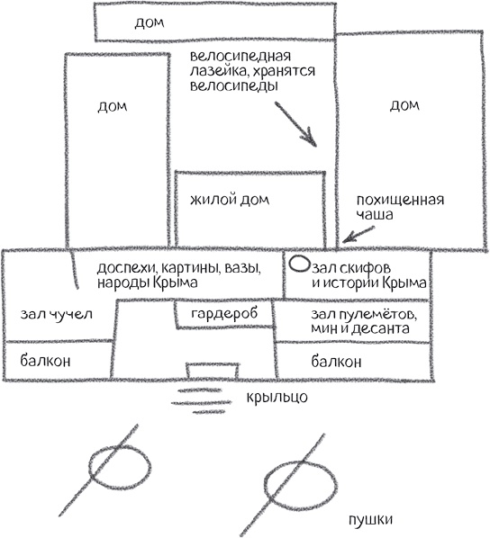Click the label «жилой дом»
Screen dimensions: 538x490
click(x=231, y=198)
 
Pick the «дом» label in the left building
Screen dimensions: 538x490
click(x=113, y=106)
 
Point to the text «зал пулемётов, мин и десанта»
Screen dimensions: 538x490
click(x=361, y=322)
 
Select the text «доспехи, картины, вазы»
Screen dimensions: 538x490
click(x=179, y=267)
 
